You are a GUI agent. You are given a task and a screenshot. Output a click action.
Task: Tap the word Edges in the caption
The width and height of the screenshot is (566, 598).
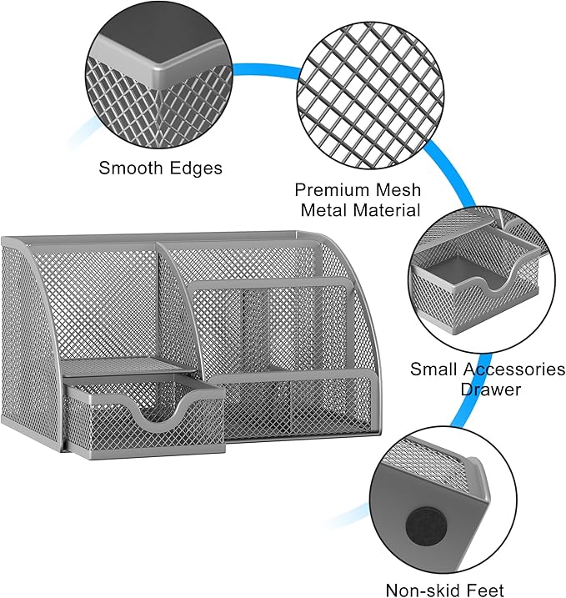196,168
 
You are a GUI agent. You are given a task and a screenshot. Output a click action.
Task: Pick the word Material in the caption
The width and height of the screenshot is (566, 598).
386,210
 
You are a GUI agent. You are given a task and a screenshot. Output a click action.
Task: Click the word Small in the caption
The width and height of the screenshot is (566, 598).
433,369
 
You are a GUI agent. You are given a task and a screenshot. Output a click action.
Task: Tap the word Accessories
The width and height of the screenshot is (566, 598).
513,369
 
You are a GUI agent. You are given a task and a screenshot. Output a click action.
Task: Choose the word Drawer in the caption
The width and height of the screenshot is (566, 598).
490,389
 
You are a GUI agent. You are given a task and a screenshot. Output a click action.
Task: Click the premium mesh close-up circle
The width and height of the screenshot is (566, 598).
370,96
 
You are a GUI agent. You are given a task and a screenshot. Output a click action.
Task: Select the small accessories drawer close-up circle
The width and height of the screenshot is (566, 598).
482,280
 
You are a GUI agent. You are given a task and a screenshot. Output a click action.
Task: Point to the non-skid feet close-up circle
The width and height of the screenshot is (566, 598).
443,500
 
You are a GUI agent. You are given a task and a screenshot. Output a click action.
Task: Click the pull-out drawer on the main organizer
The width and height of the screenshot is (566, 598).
144,416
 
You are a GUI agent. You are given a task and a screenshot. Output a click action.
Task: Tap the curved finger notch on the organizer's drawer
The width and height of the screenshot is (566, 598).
158,413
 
